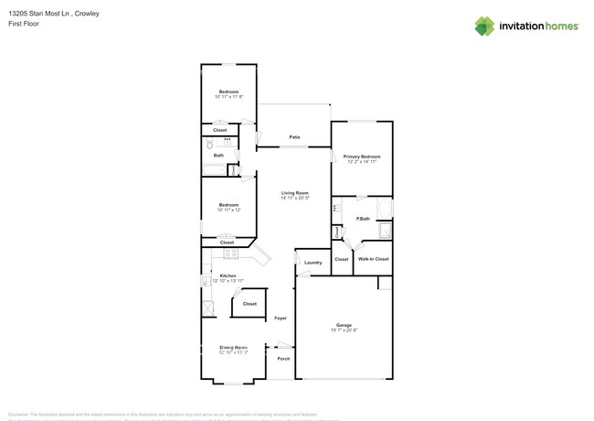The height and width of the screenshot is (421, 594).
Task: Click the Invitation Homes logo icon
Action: [484, 26]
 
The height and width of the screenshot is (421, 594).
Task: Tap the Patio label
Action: [295, 137]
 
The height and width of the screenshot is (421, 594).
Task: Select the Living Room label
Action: [295, 192]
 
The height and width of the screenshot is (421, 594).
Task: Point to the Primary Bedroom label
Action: [362, 157]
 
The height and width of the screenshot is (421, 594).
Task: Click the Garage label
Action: [344, 325]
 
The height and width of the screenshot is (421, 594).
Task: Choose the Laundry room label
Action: [313, 263]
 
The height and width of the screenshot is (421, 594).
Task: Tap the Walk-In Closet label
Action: [373, 259]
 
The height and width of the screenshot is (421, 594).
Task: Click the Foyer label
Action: [281, 318]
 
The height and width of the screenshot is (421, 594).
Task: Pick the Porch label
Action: [282, 358]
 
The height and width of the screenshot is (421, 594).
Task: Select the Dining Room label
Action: [234, 347]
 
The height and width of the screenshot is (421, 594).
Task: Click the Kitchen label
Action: [228, 275]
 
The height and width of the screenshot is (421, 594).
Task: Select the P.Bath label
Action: [363, 219]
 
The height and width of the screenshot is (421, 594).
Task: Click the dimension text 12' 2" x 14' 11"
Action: [362, 162]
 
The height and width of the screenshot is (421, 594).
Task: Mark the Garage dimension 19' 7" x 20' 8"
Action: [344, 330]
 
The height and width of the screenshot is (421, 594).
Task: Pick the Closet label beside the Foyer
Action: [249, 303]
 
